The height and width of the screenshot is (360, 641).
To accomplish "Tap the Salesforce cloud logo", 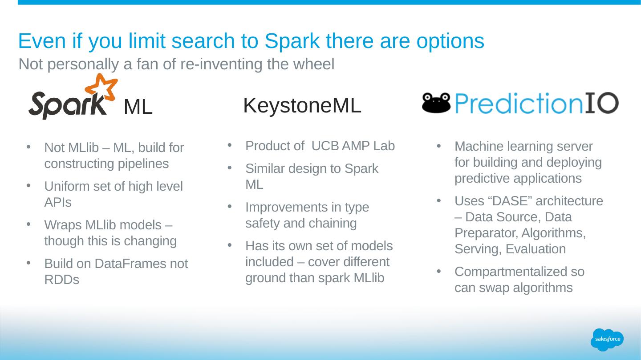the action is [607, 340].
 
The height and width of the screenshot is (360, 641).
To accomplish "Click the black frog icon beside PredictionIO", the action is [436, 103].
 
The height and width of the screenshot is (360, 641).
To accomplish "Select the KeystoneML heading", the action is [302, 105].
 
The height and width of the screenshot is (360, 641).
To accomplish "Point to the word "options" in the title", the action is [450, 42].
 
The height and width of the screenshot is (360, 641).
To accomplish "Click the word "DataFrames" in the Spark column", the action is [130, 264].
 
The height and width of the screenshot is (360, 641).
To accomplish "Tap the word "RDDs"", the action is [62, 280].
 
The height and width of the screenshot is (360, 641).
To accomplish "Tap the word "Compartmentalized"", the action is [511, 272].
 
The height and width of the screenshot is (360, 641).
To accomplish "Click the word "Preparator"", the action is [486, 233].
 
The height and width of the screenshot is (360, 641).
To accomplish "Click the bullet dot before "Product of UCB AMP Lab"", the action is [230, 145].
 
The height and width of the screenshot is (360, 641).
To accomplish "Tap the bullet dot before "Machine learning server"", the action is [439, 146].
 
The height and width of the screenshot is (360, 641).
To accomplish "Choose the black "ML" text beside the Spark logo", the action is [138, 107].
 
